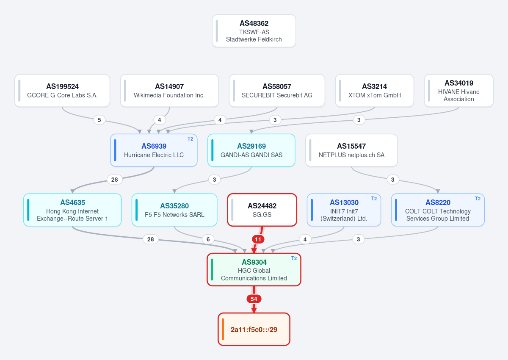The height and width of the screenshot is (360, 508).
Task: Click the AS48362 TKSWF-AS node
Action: coord(254,31)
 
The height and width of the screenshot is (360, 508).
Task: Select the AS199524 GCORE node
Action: coord(62,91)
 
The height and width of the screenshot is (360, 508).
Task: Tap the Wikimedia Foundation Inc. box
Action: coord(169,91)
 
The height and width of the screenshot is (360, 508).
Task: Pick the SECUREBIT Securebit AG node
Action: coord(277,91)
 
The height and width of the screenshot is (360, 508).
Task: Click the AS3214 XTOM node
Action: coord(374,91)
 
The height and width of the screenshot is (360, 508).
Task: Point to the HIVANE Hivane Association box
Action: coord(458,91)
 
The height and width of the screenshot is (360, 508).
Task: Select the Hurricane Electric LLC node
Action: coord(154,150)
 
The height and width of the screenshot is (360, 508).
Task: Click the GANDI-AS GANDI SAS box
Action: coord(251,150)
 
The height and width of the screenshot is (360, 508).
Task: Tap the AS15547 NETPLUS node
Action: coord(351,150)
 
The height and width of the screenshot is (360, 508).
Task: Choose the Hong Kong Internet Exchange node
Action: coord(72,210)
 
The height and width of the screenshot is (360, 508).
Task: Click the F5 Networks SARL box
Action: coord(174,210)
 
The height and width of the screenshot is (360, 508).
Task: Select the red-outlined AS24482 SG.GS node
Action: coord(262,210)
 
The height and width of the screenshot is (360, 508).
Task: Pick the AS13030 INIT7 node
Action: coord(344,210)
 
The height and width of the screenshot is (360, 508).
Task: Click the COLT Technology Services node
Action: coord(438,210)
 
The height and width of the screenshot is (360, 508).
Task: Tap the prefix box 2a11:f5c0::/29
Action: coord(254,329)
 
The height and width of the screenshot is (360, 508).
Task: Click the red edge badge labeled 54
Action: coord(254,299)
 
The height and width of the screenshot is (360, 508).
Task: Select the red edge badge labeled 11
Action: coord(258,239)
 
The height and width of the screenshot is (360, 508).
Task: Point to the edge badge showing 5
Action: coord(99,120)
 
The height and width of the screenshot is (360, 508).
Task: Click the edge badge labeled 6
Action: coord(208,239)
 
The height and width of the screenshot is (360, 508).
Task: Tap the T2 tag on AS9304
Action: coord(294,258)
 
